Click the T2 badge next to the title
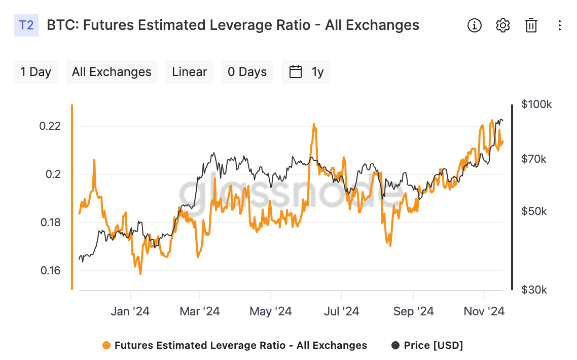click(x=26, y=25)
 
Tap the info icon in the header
click(x=475, y=25)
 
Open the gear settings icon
click(x=502, y=25)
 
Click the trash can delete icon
click(x=531, y=25)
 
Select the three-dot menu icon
click(x=559, y=25)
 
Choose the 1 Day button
click(x=35, y=72)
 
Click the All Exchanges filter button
click(x=112, y=72)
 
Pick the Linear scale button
click(x=190, y=72)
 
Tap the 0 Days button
click(x=247, y=72)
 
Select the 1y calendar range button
click(x=306, y=72)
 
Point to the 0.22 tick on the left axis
click(x=50, y=126)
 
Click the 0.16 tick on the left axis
click(x=50, y=271)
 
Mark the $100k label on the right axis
click(x=536, y=104)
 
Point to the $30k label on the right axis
click(x=534, y=290)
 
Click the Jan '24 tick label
click(x=130, y=311)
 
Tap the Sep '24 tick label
click(x=414, y=311)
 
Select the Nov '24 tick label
click(x=484, y=311)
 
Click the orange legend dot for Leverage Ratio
click(x=106, y=345)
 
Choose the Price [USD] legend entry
click(x=427, y=345)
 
